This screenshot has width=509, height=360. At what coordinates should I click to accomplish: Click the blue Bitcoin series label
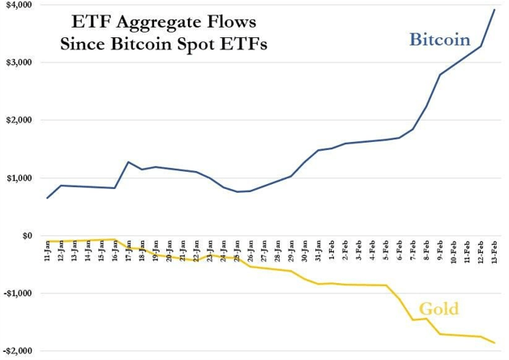click(439, 39)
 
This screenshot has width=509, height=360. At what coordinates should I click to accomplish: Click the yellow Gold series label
click(438, 309)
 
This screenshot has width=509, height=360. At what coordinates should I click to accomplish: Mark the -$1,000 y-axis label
click(16, 294)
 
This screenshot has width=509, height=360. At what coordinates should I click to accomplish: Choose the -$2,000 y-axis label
click(16, 351)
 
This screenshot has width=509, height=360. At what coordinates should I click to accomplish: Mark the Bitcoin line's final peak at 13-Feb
click(494, 10)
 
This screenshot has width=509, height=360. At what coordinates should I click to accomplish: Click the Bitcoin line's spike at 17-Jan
click(128, 162)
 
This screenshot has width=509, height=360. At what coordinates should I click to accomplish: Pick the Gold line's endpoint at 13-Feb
click(494, 343)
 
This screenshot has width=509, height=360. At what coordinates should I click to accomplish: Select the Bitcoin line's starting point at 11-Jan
click(48, 198)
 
